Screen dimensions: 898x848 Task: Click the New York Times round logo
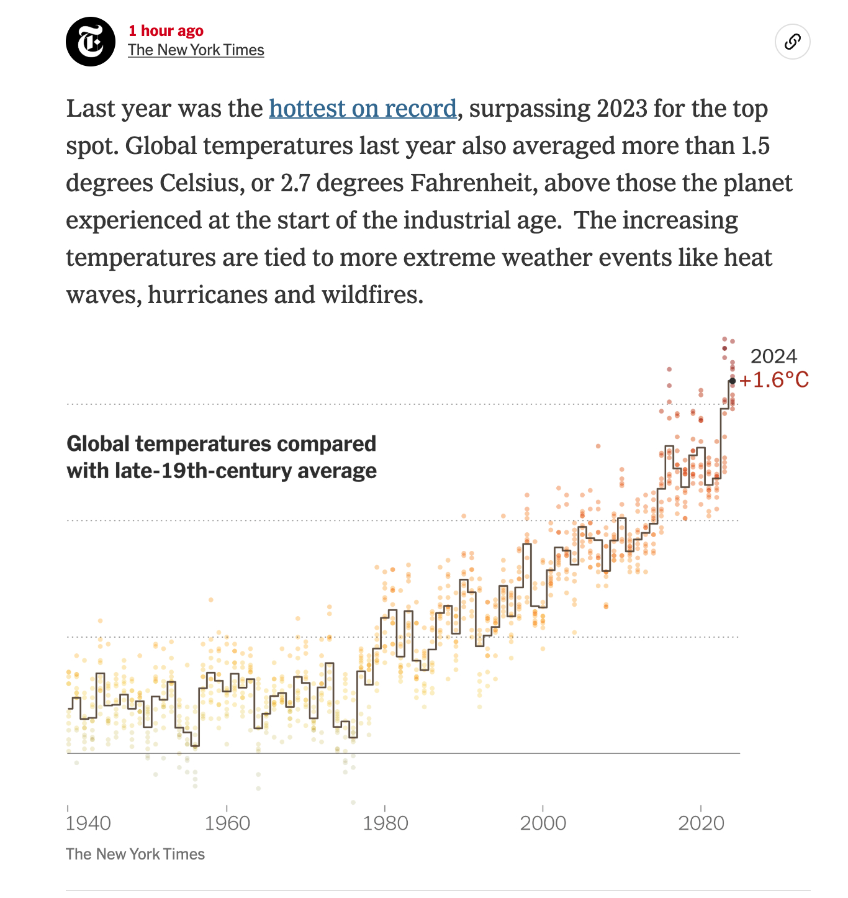[91, 42]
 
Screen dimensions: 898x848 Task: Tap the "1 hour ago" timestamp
[166, 30]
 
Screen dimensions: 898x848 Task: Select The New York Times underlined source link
[196, 50]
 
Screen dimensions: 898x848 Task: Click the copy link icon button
[792, 42]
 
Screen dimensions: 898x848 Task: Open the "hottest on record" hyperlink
[363, 109]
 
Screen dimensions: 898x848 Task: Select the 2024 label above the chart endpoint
[774, 356]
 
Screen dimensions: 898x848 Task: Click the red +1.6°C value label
[774, 380]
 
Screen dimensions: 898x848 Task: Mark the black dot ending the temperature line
[733, 381]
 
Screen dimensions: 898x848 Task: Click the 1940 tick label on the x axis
[88, 823]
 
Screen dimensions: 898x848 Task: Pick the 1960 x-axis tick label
[227, 823]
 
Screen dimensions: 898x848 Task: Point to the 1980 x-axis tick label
[386, 823]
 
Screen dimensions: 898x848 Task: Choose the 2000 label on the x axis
[543, 823]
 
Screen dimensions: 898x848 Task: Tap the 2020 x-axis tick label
[701, 823]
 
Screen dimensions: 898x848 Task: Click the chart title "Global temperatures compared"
[221, 444]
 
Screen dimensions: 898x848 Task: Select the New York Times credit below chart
[135, 855]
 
